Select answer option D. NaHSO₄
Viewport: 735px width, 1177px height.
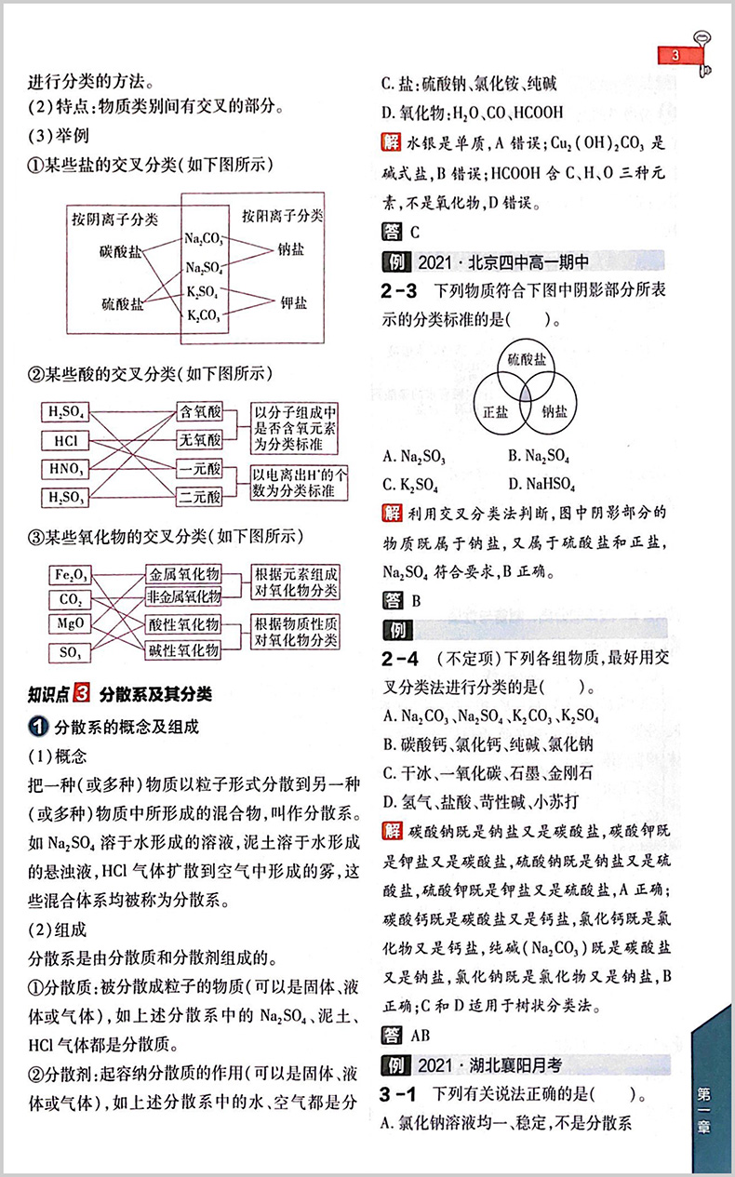click(x=542, y=484)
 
